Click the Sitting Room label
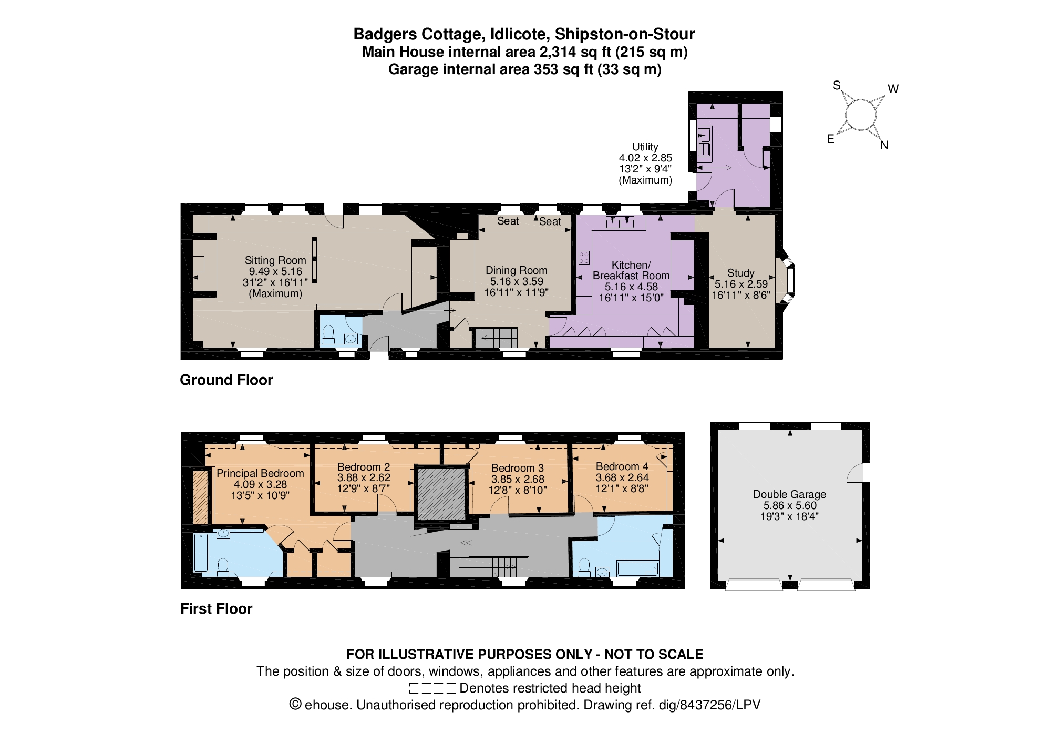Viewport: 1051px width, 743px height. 275,260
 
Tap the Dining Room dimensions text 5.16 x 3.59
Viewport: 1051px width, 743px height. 517,281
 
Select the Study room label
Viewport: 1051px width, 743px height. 740,273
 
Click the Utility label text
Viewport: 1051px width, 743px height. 645,147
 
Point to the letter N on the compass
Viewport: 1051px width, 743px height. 884,146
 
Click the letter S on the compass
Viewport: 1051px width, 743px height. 837,86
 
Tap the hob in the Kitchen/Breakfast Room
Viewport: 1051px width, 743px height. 584,258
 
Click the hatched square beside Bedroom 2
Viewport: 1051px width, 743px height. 441,493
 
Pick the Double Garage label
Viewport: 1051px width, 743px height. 789,494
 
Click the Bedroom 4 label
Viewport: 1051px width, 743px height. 622,466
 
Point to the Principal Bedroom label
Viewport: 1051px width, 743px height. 260,473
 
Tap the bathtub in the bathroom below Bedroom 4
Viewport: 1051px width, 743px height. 637,568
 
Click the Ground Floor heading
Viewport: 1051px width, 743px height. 226,380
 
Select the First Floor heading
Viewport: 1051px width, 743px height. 216,609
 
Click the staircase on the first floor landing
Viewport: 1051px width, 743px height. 489,567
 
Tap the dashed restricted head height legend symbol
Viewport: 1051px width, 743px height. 432,688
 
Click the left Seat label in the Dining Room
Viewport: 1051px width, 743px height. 508,221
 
